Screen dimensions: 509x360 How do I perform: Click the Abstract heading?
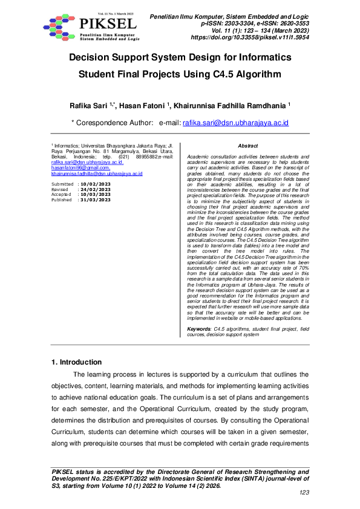tap(248, 146)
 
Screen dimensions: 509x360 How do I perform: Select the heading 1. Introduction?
tap(77, 362)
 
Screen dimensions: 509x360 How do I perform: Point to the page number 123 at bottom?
tap(304, 493)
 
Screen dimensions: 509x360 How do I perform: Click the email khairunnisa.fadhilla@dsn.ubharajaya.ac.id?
tap(97, 173)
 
